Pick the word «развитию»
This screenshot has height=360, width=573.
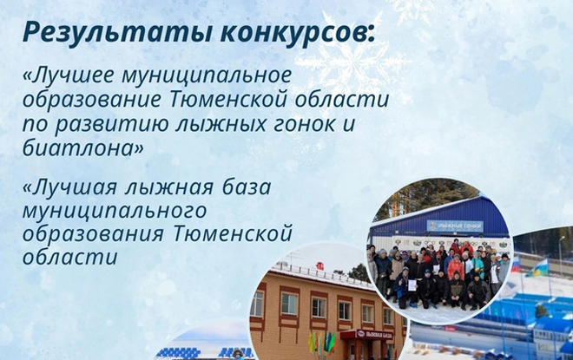coord(110,125)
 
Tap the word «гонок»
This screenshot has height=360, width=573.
coord(300,125)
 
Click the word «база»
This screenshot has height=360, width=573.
coord(247,187)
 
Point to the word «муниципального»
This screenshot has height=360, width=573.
coord(115,212)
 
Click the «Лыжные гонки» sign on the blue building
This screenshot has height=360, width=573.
coord(455,226)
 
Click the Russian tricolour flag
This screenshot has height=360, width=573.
coord(516,265)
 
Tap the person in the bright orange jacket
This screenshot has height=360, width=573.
coord(455,268)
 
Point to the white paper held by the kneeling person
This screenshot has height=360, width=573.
coord(412,285)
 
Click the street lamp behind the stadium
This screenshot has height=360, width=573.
coord(560,252)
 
